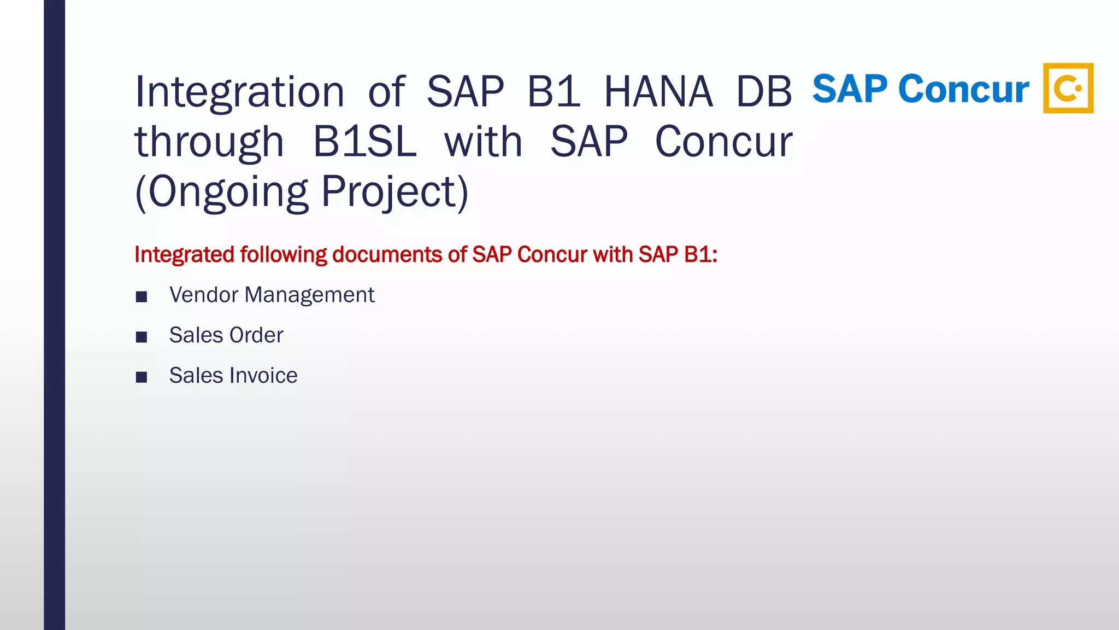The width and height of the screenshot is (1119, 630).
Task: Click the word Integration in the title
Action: [239, 92]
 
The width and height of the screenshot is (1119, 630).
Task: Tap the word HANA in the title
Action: [658, 92]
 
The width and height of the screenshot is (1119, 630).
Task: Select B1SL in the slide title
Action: [364, 142]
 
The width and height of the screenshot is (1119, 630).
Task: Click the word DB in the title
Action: [764, 92]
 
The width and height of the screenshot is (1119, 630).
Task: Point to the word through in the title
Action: [209, 142]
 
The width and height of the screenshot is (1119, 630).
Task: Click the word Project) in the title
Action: [394, 192]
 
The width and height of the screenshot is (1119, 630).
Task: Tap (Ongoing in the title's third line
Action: [221, 192]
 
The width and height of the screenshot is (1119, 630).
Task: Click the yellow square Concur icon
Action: [1068, 88]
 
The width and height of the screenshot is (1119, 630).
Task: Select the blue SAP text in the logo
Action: [850, 89]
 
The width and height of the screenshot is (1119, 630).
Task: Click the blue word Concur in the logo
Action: [964, 89]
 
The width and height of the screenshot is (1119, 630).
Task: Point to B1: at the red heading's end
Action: [700, 255]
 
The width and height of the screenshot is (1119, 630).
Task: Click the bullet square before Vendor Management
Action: [142, 297]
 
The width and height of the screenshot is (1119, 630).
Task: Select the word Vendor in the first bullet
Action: [204, 295]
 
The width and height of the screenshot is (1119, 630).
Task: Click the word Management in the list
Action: [309, 295]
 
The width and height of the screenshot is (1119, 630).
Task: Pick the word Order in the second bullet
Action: [256, 335]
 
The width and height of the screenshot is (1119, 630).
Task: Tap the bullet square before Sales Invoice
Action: [142, 377]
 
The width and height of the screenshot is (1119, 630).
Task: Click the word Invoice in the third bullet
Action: [263, 376]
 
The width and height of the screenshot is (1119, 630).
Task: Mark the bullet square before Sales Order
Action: [142, 337]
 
